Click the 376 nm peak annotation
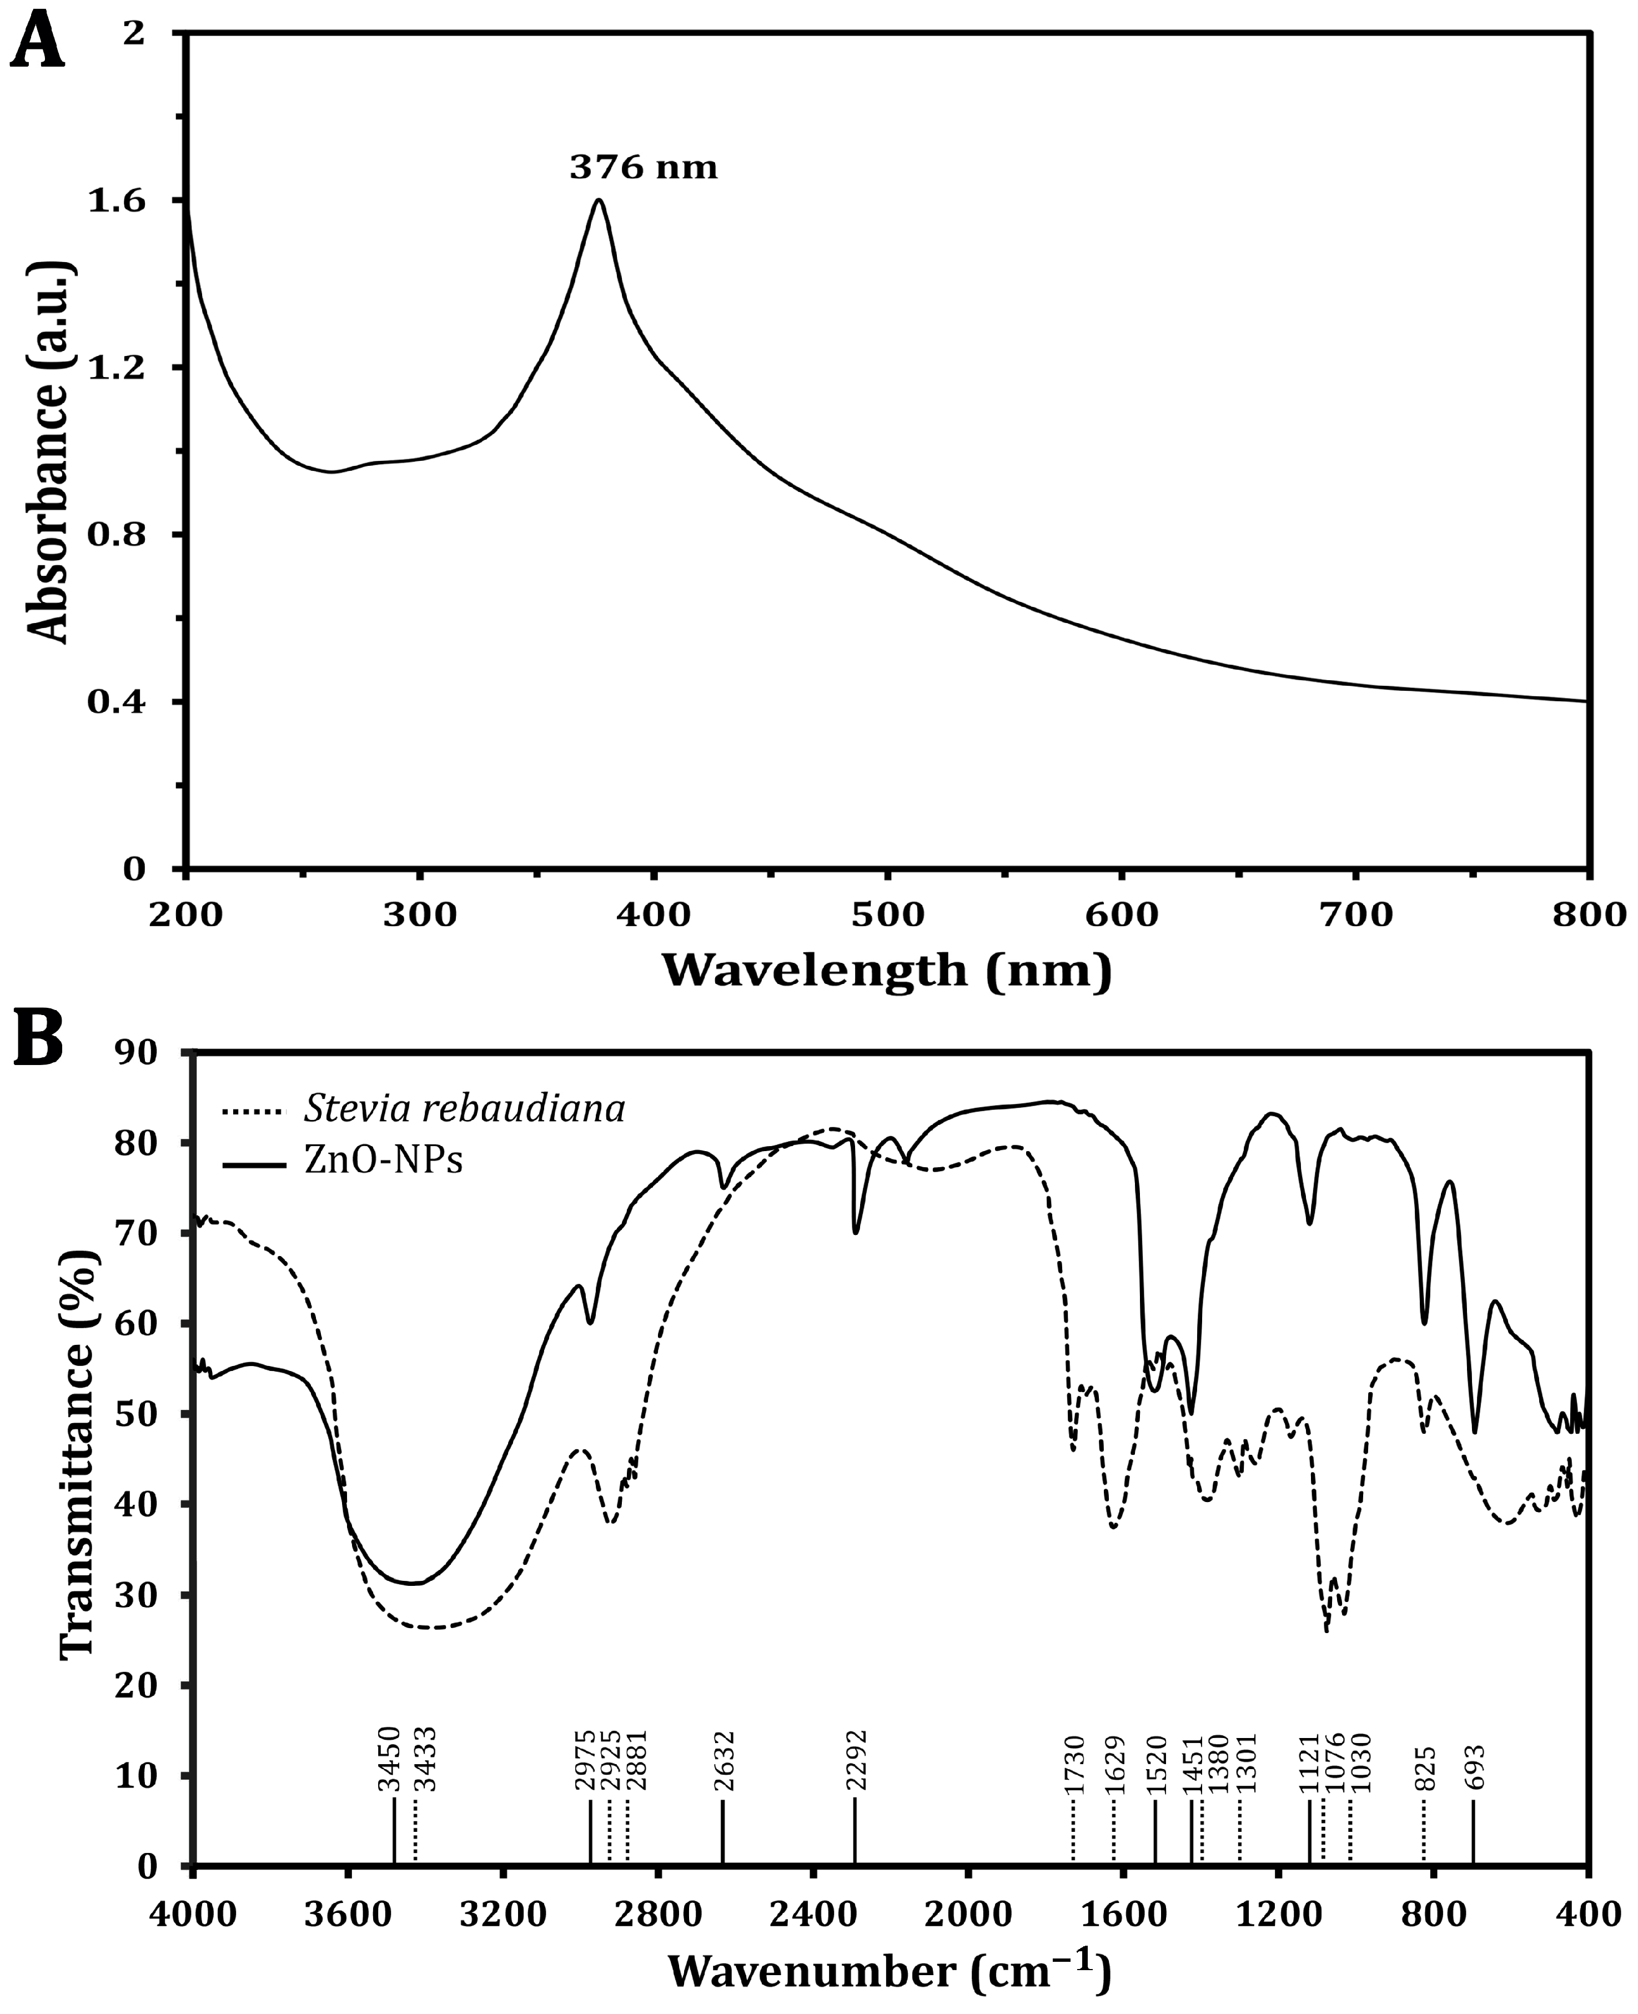[x=642, y=168]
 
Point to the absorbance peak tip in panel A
[x=598, y=200]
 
